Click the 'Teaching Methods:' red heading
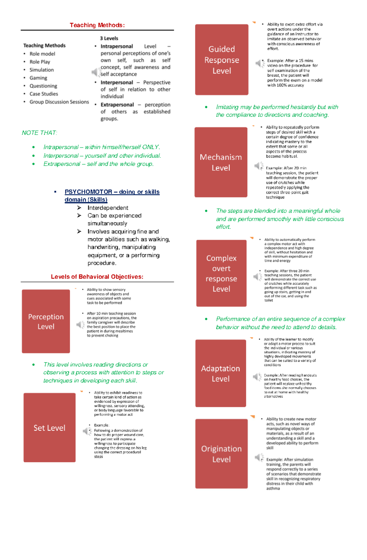(x=97, y=25)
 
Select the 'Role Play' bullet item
(x=39, y=62)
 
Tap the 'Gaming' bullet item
(x=38, y=78)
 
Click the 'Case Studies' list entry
(x=43, y=94)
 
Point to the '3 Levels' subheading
(x=109, y=38)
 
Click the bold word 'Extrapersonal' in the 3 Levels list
(x=117, y=105)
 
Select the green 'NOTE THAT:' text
(x=39, y=133)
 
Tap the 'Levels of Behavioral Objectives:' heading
(x=97, y=277)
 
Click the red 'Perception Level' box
(x=46, y=321)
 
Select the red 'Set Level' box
(x=49, y=428)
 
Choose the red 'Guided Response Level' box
(x=222, y=60)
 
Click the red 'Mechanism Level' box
(x=221, y=162)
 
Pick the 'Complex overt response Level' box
(x=221, y=273)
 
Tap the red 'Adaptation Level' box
(x=221, y=373)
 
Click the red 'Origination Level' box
(x=221, y=454)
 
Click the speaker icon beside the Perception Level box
(x=80, y=325)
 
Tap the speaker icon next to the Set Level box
(x=87, y=431)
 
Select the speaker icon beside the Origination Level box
(x=259, y=457)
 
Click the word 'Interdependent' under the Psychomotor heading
(x=108, y=208)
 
